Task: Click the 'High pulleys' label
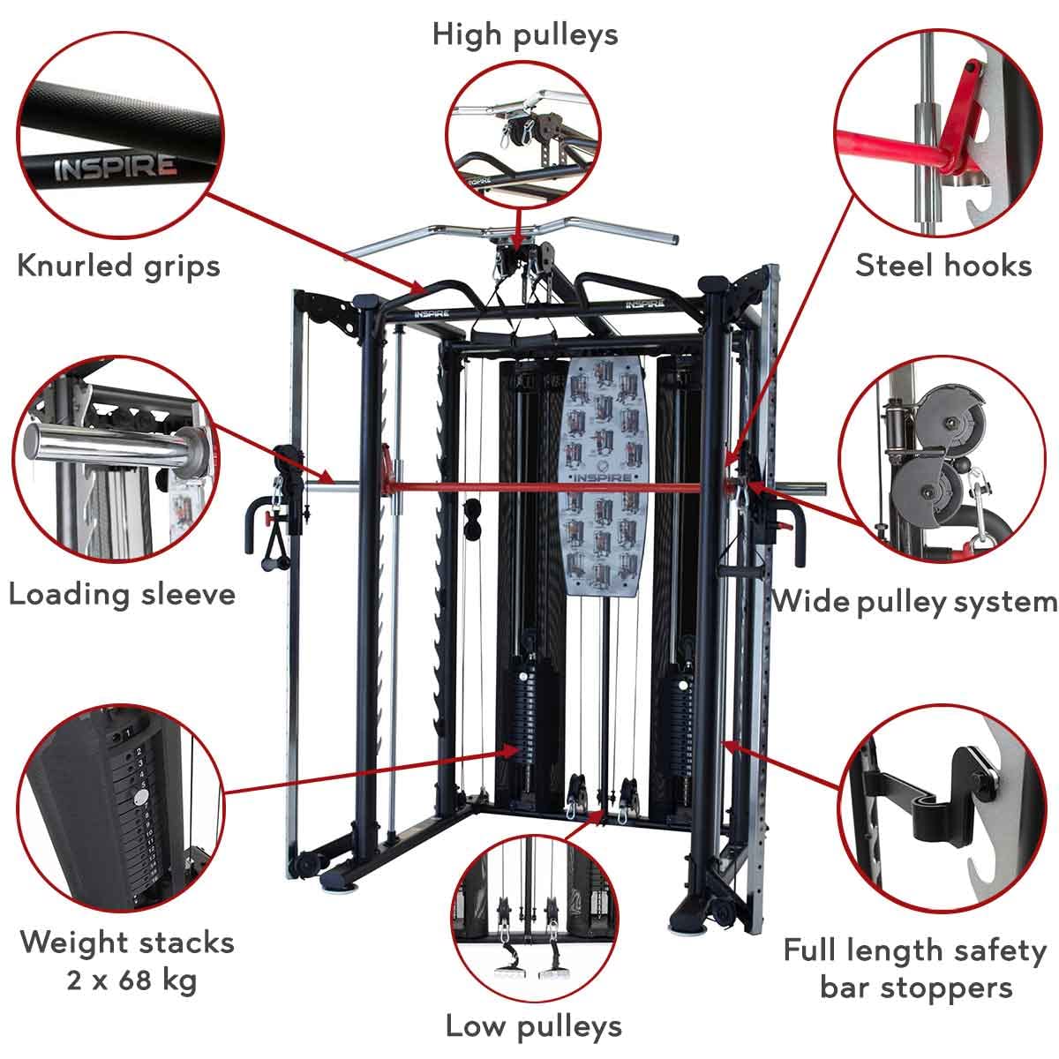click(525, 34)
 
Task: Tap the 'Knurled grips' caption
click(118, 264)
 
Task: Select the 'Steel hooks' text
click(943, 265)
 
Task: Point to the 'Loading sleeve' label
click(122, 593)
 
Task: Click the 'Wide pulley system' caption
click(914, 602)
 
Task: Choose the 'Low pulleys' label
click(533, 1026)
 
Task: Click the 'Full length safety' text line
click(914, 950)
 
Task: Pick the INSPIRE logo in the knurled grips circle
click(115, 167)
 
